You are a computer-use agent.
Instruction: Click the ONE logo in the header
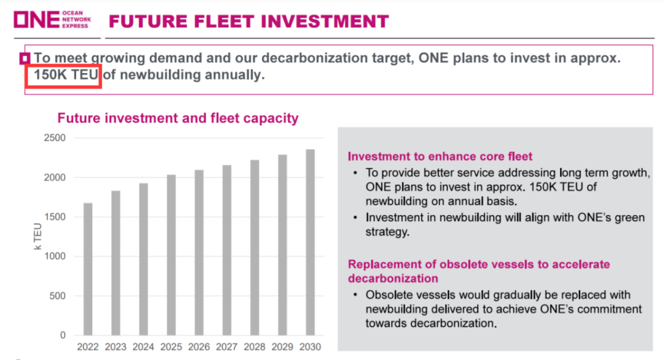(37, 20)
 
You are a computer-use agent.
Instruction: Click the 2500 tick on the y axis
(55, 138)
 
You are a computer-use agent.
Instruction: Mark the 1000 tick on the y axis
(55, 257)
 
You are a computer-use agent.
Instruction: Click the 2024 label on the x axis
(144, 347)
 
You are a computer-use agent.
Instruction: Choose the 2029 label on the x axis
(282, 347)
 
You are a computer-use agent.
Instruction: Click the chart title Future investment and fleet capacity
(178, 118)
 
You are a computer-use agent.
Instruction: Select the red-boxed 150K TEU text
(63, 76)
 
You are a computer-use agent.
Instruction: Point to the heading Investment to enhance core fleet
(440, 156)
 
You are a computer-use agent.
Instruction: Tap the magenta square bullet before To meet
(26, 59)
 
